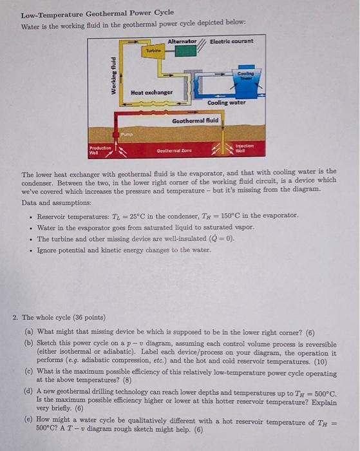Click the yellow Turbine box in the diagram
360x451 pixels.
153,51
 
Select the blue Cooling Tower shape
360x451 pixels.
244,76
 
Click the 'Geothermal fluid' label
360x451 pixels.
195,120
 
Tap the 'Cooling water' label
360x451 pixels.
225,102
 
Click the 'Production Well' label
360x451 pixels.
99,150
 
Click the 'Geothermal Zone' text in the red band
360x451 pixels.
171,151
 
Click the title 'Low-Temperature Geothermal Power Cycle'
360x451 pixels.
97,13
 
